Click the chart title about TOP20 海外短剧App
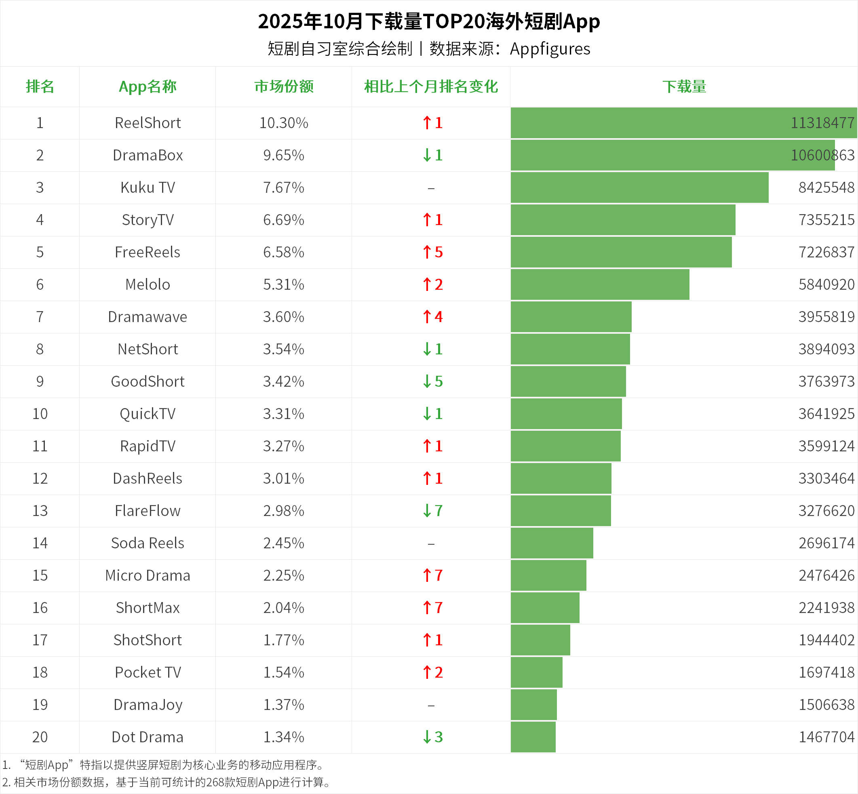(429, 21)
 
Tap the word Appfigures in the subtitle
(550, 49)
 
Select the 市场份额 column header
(284, 86)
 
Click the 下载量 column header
(684, 86)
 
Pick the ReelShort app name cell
(148, 123)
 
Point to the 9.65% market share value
(284, 155)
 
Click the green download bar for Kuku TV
(639, 187)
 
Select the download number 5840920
(826, 284)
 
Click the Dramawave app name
(148, 317)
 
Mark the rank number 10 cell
(40, 414)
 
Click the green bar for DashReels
(561, 478)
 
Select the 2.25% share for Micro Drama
(284, 575)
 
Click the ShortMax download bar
(545, 608)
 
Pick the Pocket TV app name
(148, 672)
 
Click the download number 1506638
(826, 705)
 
